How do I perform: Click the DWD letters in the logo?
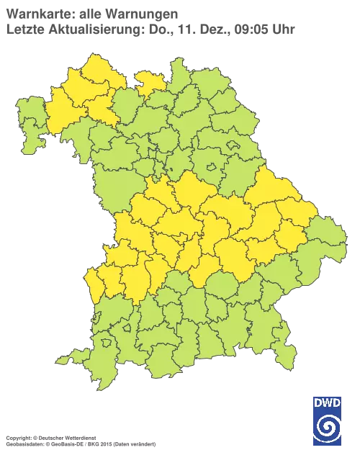328,402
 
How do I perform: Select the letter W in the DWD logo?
328,402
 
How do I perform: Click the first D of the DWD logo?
318,402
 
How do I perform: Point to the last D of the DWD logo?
338,402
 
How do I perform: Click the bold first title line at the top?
90,13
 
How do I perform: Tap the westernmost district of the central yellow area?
94,281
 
